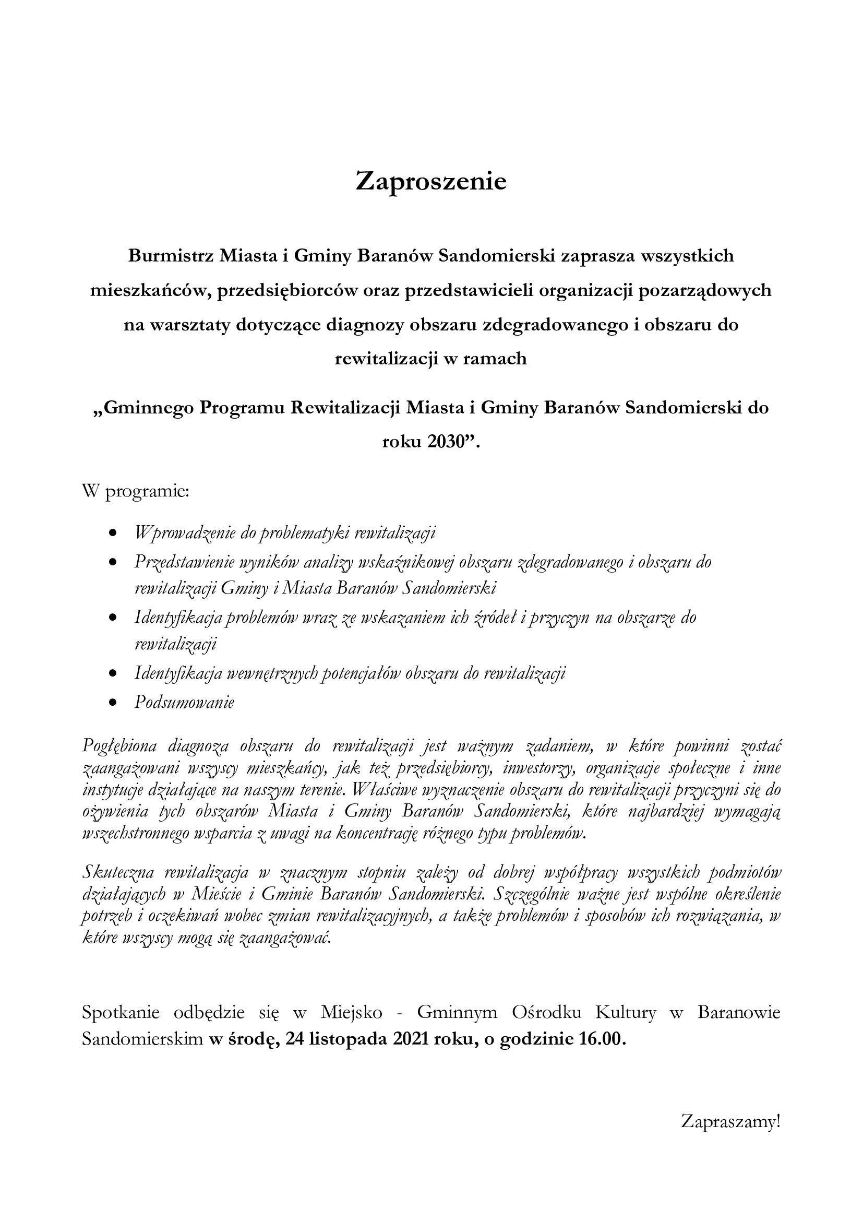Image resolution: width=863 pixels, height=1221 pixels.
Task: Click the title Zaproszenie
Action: pos(431,182)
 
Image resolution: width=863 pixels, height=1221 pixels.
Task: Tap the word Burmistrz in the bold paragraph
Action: pos(171,256)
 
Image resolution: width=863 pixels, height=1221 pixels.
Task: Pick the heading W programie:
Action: pos(136,491)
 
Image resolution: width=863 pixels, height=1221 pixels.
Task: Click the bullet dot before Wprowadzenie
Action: pos(112,533)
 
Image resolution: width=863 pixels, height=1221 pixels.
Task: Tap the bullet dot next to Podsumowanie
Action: pos(112,703)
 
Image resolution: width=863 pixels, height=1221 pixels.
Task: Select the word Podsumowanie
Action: pos(184,703)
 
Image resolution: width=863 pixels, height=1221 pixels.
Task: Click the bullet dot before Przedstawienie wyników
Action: pos(112,562)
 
